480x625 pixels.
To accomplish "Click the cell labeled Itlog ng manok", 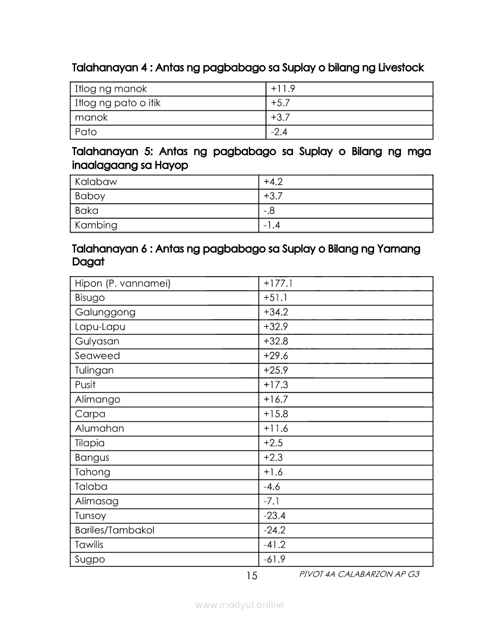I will pyautogui.click(x=111, y=89).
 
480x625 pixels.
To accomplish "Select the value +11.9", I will pyautogui.click(x=284, y=89).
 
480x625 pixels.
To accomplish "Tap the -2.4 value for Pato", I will pyautogui.click(x=279, y=132).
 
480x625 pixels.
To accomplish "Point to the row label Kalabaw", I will pyautogui.click(x=96, y=181).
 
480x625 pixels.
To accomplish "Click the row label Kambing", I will pyautogui.click(x=96, y=225).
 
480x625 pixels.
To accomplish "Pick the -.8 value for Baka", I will pyautogui.click(x=269, y=210).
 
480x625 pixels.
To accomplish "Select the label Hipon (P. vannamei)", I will pyautogui.click(x=123, y=283).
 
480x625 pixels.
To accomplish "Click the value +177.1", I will pyautogui.click(x=278, y=283).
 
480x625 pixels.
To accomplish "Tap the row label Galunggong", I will pyautogui.click(x=105, y=312).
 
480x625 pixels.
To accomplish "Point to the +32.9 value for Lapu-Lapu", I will pyautogui.click(x=276, y=327).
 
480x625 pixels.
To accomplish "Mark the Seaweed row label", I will pyautogui.click(x=97, y=356).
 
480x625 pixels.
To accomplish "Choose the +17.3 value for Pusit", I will pyautogui.click(x=276, y=385).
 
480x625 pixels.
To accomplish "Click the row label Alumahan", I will pyautogui.click(x=99, y=428).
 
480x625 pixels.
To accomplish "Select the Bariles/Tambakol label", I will pyautogui.click(x=115, y=530).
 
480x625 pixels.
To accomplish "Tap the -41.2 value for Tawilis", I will pyautogui.click(x=275, y=545).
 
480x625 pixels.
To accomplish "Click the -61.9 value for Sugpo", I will pyautogui.click(x=275, y=559).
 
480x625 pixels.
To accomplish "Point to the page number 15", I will pyautogui.click(x=251, y=576).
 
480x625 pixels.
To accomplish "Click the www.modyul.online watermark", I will pyautogui.click(x=240, y=605).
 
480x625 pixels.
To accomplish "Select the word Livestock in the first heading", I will pyautogui.click(x=401, y=68).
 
